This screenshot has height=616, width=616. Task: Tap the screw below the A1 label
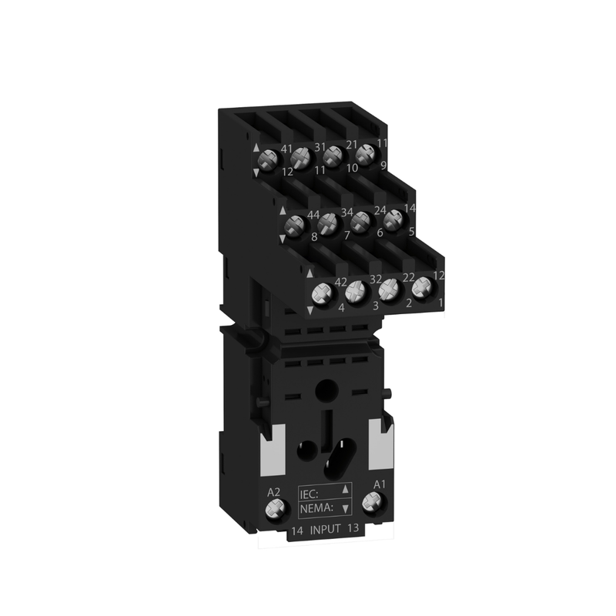point(371,503)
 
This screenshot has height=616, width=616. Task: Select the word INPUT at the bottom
point(325,530)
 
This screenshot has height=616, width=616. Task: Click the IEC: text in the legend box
point(309,494)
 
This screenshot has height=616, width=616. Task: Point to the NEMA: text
point(316,508)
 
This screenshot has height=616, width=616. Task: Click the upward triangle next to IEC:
point(345,489)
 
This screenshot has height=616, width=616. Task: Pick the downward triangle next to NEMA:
point(345,509)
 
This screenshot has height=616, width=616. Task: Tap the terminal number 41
point(286,149)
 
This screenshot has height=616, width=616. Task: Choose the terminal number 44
point(313,215)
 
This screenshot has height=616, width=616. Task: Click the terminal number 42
point(340,283)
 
